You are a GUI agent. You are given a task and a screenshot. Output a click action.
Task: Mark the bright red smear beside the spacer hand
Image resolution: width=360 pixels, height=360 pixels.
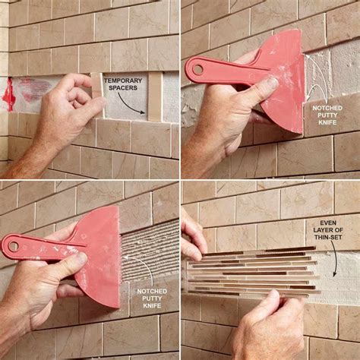tap(11, 93)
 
